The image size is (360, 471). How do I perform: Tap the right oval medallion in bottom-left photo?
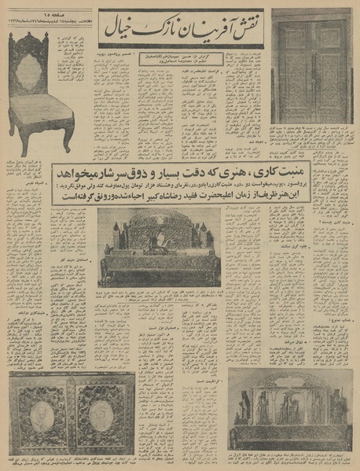click(98, 414)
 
